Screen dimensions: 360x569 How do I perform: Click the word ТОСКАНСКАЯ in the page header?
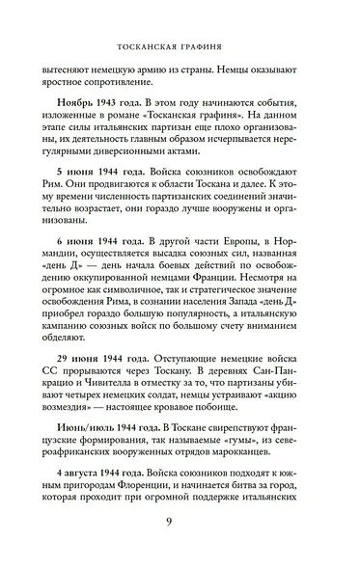[x=147, y=44]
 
